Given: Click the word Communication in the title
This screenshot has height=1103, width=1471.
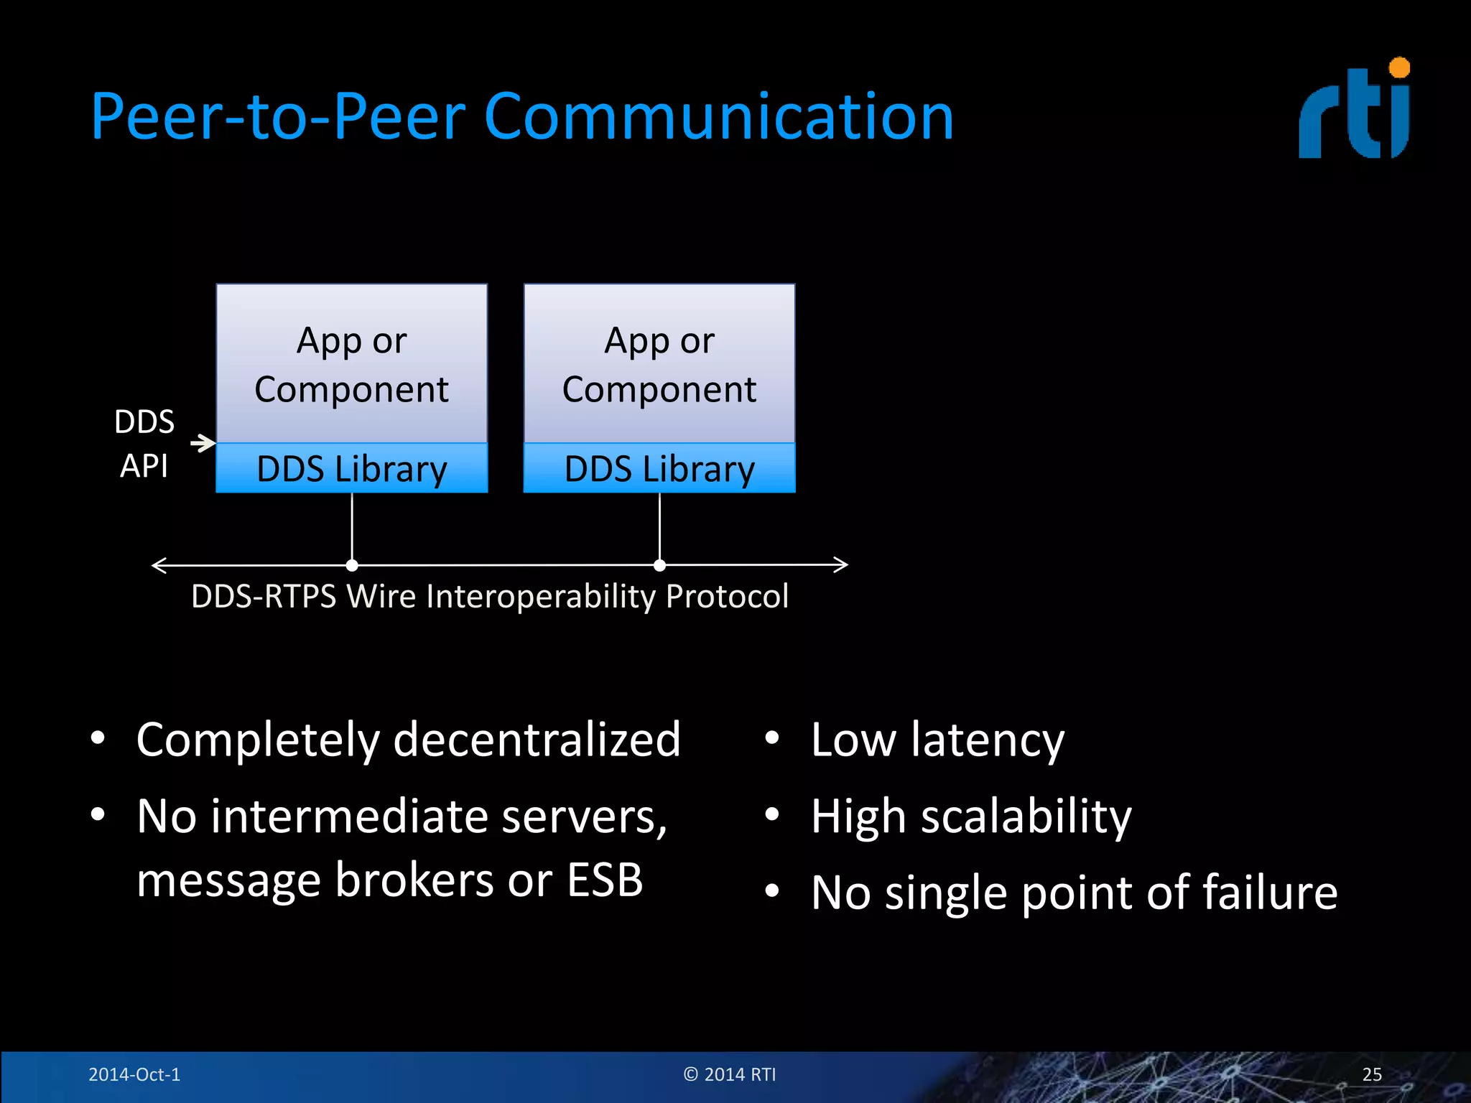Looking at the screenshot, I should tap(718, 116).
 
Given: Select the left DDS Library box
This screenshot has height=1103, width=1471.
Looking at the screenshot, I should tap(352, 468).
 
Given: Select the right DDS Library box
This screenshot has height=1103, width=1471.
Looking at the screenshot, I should tap(659, 468).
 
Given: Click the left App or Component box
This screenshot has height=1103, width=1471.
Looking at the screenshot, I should tap(352, 363).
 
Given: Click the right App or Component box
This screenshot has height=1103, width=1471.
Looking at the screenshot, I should tap(659, 363).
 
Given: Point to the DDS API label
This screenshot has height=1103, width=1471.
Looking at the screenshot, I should tap(144, 443).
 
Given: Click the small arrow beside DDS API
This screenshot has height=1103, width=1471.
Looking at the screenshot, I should tap(203, 443).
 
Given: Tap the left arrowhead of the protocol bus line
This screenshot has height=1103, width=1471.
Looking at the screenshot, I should tap(159, 566).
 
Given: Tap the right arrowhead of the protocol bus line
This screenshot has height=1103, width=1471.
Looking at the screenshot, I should tap(842, 565).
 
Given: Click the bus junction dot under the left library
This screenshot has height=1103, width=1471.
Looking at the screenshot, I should tap(352, 566).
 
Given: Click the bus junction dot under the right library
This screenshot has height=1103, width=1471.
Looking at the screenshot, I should tap(659, 566).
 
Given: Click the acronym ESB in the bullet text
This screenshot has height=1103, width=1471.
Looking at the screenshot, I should tap(605, 880).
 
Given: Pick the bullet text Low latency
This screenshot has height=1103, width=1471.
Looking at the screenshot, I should tap(937, 740).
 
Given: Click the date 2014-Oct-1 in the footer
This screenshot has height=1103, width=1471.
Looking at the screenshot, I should tap(134, 1074).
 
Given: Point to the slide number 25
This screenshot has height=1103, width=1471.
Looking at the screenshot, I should tap(1371, 1074).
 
